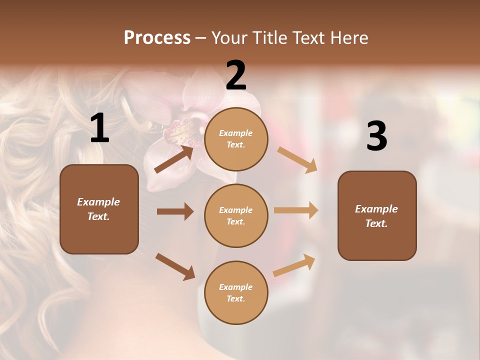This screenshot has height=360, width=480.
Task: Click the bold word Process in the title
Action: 157,38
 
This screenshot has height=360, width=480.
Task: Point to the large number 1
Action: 99,128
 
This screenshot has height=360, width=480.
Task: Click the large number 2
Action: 236,76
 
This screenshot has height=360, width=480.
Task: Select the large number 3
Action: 376,136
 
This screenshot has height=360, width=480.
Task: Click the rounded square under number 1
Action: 99,209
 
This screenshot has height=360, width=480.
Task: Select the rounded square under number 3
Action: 377,216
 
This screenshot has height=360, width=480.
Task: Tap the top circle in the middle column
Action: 236,139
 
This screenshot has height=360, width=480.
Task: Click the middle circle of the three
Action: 236,216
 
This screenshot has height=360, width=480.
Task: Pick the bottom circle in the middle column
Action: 236,293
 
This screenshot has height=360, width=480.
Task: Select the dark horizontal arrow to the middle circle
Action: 175,211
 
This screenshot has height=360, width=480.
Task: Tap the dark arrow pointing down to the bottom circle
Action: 175,266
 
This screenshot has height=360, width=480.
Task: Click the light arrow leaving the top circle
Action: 297,159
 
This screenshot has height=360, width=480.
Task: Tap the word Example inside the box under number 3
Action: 376,209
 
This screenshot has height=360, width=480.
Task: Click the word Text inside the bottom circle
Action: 236,299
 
